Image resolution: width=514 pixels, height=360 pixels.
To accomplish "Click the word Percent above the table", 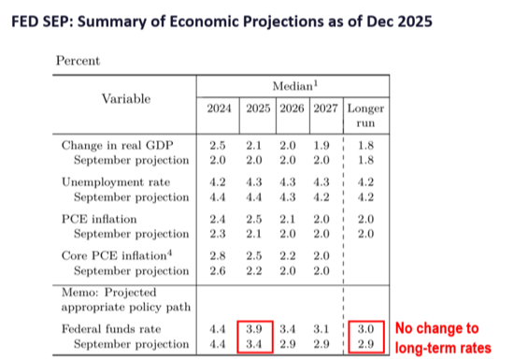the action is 78,61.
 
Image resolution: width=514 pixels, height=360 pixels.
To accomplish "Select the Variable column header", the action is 126,99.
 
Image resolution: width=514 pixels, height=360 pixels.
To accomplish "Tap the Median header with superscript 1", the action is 295,86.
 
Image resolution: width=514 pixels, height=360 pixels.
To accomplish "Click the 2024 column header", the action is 219,108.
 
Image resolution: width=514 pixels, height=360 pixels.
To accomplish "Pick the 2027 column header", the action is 325,108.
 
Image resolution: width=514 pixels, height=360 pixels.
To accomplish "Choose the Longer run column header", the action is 365,115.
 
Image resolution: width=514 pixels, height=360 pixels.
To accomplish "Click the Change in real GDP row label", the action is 118,145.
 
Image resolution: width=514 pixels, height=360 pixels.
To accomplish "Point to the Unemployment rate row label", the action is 116,182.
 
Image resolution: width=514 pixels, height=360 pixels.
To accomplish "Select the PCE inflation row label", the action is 99,219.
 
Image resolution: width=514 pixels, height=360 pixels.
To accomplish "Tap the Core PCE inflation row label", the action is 117,255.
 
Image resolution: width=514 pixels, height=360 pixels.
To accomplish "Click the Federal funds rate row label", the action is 111,329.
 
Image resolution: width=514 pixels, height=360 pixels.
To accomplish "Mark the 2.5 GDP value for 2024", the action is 218,145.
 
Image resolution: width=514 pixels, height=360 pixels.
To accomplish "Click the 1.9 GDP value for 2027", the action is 321,145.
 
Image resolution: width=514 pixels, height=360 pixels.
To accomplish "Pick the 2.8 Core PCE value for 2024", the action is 218,255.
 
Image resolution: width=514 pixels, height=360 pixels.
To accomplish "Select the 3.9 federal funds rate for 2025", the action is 254,329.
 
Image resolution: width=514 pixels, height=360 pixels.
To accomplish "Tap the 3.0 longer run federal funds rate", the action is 365,329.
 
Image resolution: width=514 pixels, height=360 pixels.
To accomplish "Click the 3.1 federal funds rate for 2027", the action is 321,329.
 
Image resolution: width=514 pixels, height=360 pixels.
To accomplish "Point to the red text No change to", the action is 437,328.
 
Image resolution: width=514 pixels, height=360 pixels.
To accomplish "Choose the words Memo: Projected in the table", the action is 108,292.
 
